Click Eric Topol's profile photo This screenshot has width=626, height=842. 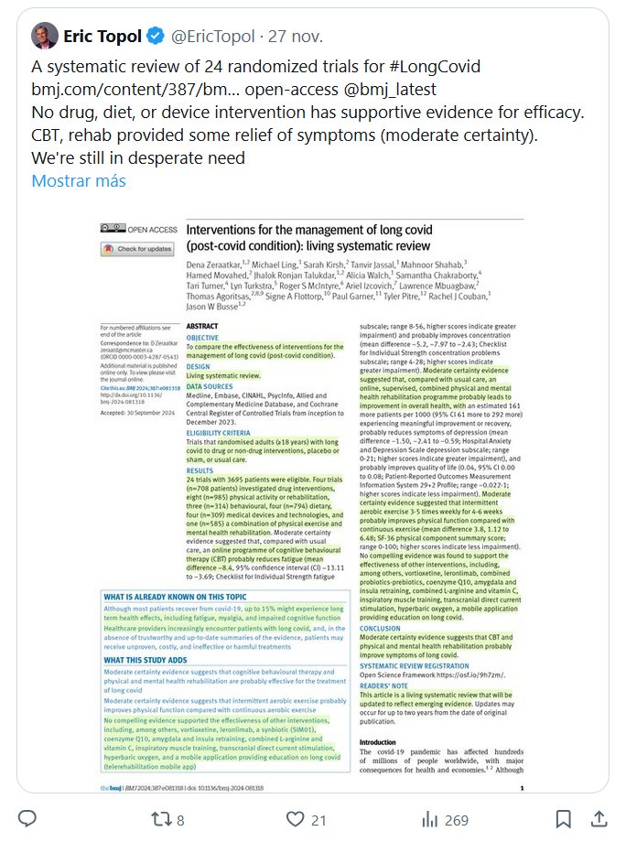tap(44, 37)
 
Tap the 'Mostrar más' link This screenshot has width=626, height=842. tap(78, 180)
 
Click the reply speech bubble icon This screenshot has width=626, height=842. tap(28, 817)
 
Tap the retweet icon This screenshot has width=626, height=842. tap(160, 817)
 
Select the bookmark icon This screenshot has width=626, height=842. tap(564, 817)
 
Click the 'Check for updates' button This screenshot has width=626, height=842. tap(139, 249)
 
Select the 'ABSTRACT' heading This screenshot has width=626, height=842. tap(201, 325)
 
